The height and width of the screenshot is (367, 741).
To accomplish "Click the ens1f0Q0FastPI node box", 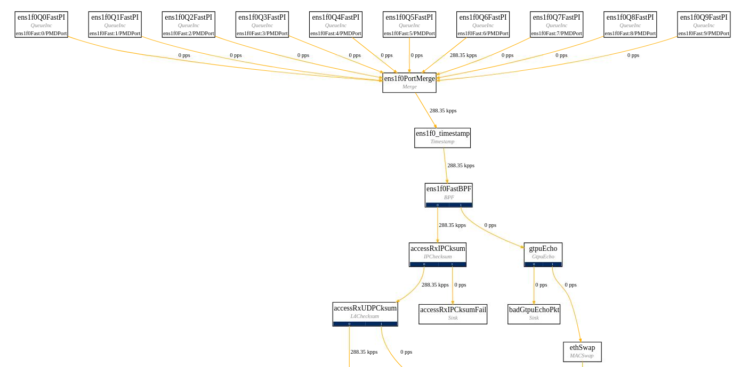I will pos(41,25).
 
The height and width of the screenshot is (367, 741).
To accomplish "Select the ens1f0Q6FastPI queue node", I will pos(483,25).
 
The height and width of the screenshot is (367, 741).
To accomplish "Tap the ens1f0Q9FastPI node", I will pos(704,25).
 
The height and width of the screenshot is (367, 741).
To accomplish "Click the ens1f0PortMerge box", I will pos(409,83).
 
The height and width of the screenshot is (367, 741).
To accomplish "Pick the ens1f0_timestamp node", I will pos(442,137).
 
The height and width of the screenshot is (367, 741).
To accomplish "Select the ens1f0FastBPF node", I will pos(448,194).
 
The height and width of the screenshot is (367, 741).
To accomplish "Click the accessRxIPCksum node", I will pos(438,254).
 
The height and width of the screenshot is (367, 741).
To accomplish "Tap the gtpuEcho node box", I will pos(543,254).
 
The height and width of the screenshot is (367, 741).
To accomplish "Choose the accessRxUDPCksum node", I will pos(365,314).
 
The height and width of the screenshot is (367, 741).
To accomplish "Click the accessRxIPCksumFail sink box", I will pos(453,314).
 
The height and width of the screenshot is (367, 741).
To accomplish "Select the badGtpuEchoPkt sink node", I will pos(534,314).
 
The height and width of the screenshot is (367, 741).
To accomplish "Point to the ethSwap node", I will pos(582,352).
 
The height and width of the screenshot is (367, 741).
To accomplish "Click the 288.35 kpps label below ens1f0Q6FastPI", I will pos(463,55).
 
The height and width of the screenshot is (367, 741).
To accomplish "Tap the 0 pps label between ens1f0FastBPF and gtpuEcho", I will pos(490,225).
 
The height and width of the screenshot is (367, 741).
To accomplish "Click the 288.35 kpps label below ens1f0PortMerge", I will pos(443,110).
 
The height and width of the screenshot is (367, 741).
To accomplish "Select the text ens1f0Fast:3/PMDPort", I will pos(262,33).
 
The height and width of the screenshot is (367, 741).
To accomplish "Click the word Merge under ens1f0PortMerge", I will pos(409,86).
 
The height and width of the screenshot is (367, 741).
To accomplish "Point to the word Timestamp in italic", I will pos(442,142).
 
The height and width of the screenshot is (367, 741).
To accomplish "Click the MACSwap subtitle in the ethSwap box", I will pos(582,355).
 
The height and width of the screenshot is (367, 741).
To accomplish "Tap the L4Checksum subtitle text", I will pos(365,316).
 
